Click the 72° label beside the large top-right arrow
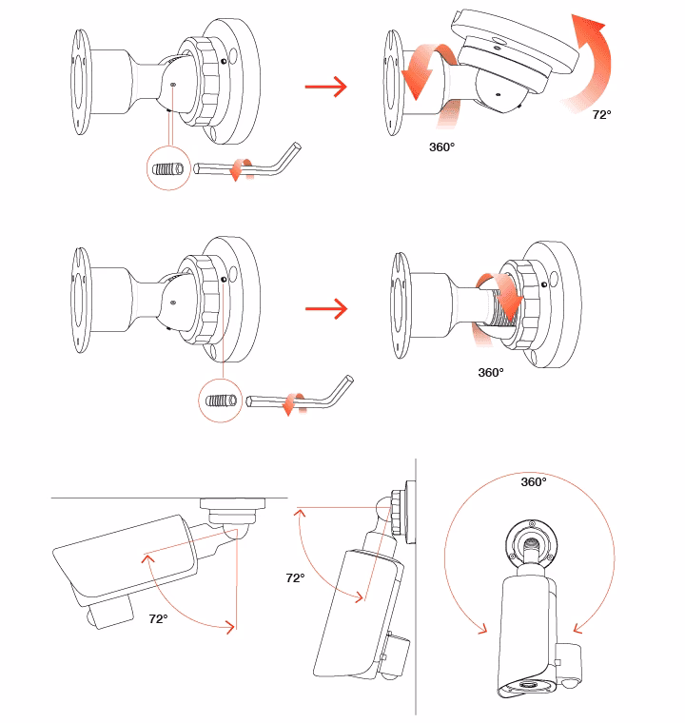601,114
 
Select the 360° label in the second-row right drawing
490,373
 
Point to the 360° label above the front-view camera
534,482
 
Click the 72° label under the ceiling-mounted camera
158,618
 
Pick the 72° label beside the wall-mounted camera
295,577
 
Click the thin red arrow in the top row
324,88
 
